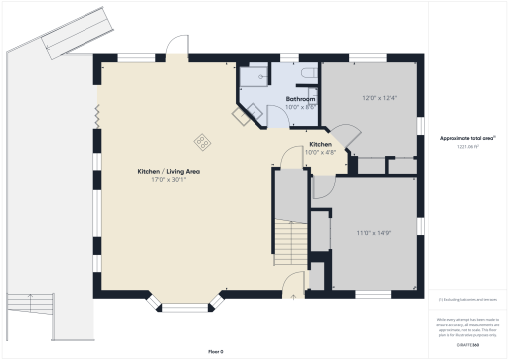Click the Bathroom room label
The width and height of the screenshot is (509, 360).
coord(301,100)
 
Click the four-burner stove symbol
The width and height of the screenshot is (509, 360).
coord(202,142)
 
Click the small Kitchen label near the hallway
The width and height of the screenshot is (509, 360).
coord(320,144)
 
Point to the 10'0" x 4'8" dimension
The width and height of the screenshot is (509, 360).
coord(320,152)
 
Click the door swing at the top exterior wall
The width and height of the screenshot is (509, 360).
coord(176,47)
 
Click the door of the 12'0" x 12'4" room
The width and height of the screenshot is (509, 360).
coord(344,136)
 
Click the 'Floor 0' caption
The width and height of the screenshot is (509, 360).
coord(216,351)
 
